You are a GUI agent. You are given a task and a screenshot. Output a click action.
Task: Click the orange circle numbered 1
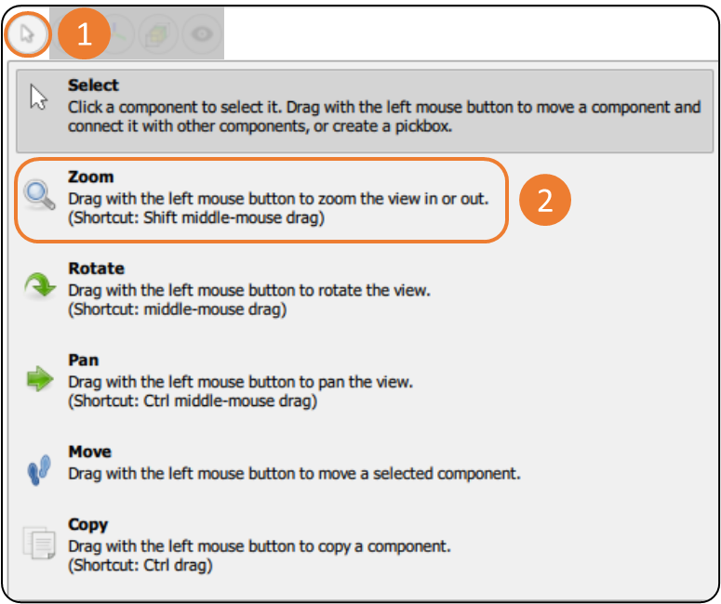(84, 33)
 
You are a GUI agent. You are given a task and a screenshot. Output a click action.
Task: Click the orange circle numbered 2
(545, 200)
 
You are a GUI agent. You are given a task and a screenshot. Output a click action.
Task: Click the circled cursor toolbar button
(28, 34)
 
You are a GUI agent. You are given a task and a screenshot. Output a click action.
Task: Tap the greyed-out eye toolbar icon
(202, 34)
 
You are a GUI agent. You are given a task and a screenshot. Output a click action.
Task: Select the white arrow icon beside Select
(39, 97)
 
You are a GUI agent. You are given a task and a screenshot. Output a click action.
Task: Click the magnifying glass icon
(40, 195)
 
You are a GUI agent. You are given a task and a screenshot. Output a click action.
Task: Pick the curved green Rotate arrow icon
(40, 285)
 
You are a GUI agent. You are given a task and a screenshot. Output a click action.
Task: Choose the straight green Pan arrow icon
(40, 378)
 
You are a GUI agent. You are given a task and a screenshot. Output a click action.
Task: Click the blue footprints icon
(40, 469)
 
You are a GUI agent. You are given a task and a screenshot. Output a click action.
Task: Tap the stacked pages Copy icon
(40, 543)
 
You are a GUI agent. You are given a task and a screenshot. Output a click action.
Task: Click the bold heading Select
(93, 85)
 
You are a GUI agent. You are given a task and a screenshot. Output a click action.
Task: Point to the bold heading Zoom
(90, 177)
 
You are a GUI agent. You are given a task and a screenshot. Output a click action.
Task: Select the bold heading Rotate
(97, 269)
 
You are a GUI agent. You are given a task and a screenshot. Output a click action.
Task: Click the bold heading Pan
(83, 360)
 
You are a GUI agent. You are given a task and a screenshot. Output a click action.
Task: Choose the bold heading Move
(89, 452)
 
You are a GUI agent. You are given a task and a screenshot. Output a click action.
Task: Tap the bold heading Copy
(87, 524)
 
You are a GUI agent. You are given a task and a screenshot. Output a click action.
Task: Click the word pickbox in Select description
(424, 125)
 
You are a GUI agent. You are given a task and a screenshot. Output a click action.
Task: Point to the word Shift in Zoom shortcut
(160, 217)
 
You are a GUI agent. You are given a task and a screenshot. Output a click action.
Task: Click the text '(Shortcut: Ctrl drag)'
(140, 565)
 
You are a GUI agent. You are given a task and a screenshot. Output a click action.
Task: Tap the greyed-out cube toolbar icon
(158, 34)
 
